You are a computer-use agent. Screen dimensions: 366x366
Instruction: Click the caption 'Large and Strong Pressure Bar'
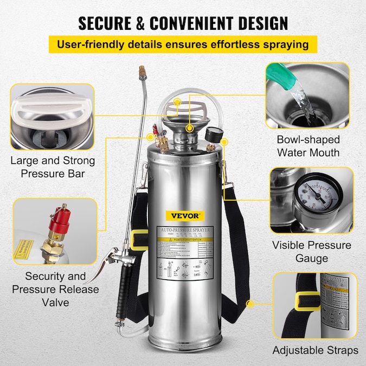point(53,168)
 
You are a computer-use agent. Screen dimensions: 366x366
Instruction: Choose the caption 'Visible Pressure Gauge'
point(312,252)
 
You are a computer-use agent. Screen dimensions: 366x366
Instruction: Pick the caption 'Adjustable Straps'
point(316,350)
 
